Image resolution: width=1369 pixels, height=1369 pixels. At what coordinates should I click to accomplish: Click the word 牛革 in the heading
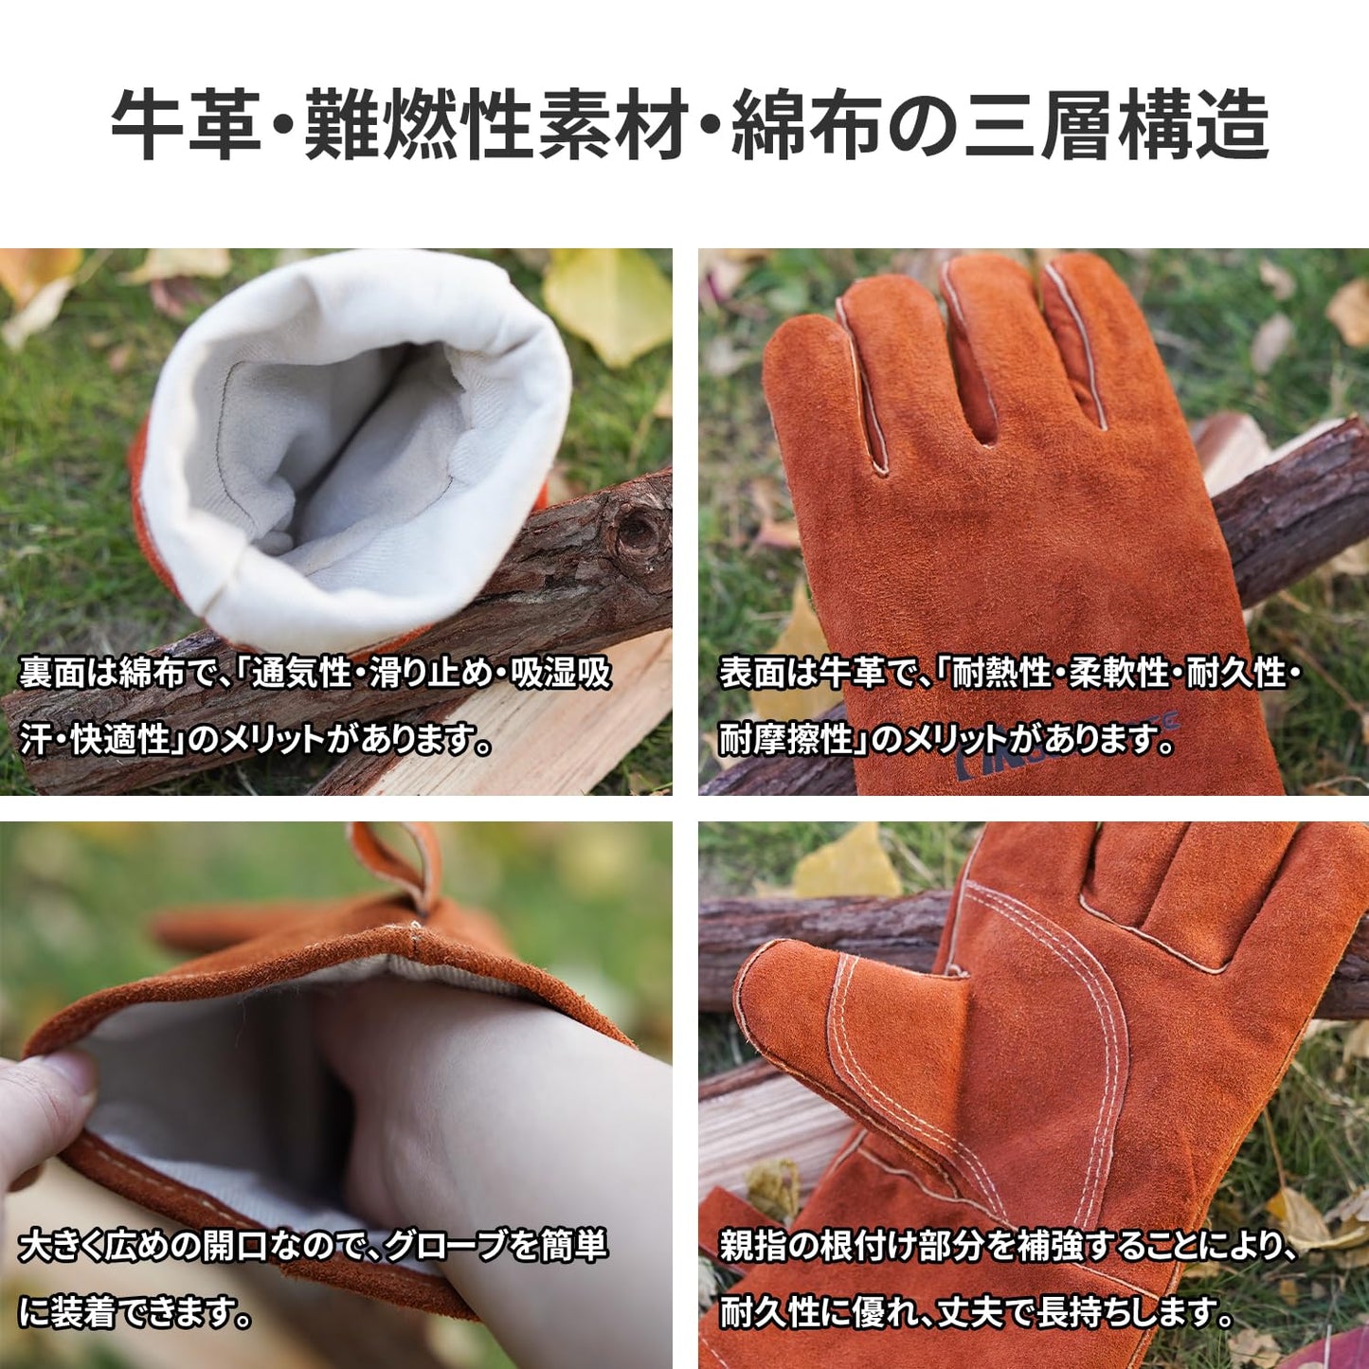pos(186,126)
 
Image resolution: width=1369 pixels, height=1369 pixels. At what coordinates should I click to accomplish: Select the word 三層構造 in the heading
pos(1117,126)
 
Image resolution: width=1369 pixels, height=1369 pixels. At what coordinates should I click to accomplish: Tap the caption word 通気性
pos(302,674)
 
